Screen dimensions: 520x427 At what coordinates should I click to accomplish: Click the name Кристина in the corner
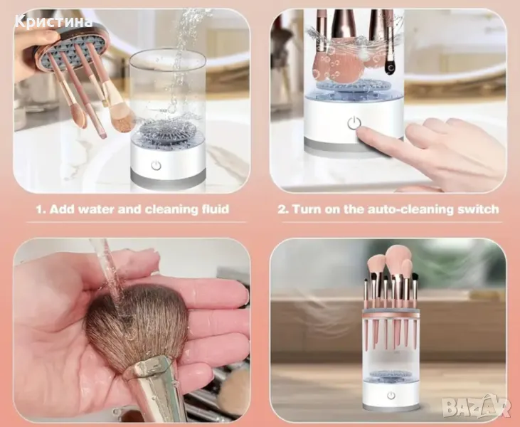coord(53,21)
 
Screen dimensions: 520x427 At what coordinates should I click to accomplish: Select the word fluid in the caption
coord(216,209)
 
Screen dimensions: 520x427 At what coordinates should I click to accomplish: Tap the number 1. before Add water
coord(41,209)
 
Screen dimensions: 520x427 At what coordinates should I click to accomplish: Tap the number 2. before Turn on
coord(283,209)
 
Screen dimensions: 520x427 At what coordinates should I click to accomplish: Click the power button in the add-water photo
coord(156,165)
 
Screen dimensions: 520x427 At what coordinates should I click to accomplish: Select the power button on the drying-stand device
coord(391,396)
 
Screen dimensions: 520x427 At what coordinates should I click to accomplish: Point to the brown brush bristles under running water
coord(137,325)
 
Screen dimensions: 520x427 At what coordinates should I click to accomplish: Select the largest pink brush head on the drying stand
coord(398,256)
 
